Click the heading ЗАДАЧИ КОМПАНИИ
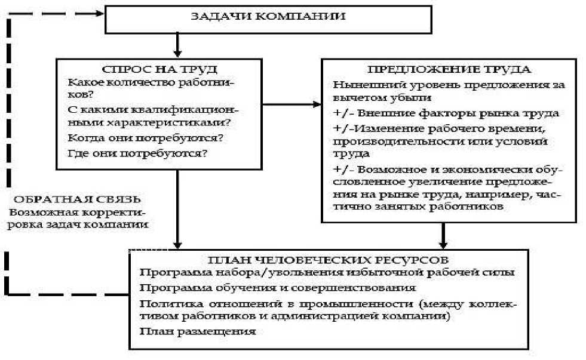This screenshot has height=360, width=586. click(268, 16)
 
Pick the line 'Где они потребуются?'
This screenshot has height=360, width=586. click(138, 153)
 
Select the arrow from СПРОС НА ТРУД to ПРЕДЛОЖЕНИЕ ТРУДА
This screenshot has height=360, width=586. click(291, 105)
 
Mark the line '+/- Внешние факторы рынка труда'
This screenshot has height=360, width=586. click(446, 113)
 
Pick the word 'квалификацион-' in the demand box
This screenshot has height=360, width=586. click(195, 109)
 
